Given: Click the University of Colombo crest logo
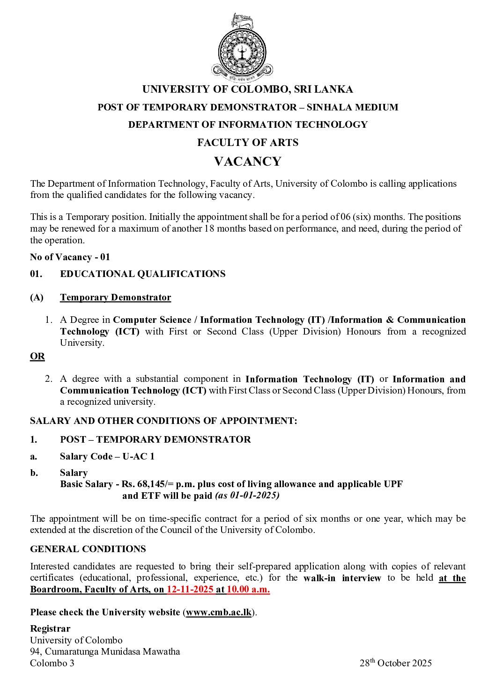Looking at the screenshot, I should point(242,47).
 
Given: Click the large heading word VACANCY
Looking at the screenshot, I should point(247,161).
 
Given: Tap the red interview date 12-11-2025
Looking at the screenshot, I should point(190,590).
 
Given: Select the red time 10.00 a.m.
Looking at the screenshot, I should point(248,590).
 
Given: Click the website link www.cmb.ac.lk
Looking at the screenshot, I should point(219,612).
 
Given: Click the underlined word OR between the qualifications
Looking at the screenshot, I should point(37,356).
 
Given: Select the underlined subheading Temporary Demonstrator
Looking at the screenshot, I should point(115,298).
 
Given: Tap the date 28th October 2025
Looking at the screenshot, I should point(395,663).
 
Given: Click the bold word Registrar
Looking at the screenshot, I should point(50,629).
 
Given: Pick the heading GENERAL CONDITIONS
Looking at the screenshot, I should point(88,549).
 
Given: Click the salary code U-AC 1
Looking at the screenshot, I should point(138,457).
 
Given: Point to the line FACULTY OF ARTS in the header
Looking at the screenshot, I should point(247,143).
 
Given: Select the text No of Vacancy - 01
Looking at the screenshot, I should point(70,257).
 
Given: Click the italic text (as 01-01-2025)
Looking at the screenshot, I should point(247,496).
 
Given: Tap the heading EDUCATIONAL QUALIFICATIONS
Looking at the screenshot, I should point(142,274).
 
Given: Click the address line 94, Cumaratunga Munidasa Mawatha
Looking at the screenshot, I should point(105,651).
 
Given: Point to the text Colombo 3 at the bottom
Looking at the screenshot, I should point(52,663).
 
